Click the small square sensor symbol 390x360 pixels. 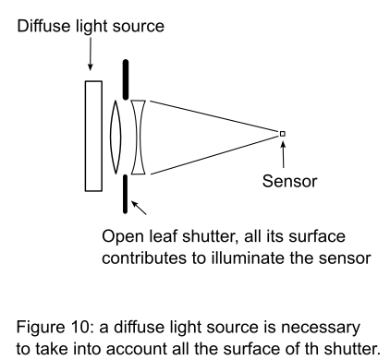(x=282, y=134)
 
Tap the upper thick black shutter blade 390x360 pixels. (x=126, y=79)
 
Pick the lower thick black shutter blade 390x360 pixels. (x=125, y=194)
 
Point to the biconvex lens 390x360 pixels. (x=116, y=137)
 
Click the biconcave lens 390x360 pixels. (x=138, y=138)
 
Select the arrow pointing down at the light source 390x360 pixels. (x=90, y=54)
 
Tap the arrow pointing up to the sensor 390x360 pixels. (x=283, y=153)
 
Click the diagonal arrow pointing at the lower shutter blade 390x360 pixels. (x=139, y=208)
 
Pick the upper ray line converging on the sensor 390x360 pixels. (x=213, y=116)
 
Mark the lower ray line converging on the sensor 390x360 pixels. (x=214, y=155)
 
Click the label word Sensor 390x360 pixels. (x=289, y=181)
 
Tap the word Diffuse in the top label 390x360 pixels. (x=44, y=26)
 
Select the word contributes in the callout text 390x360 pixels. (x=144, y=258)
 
